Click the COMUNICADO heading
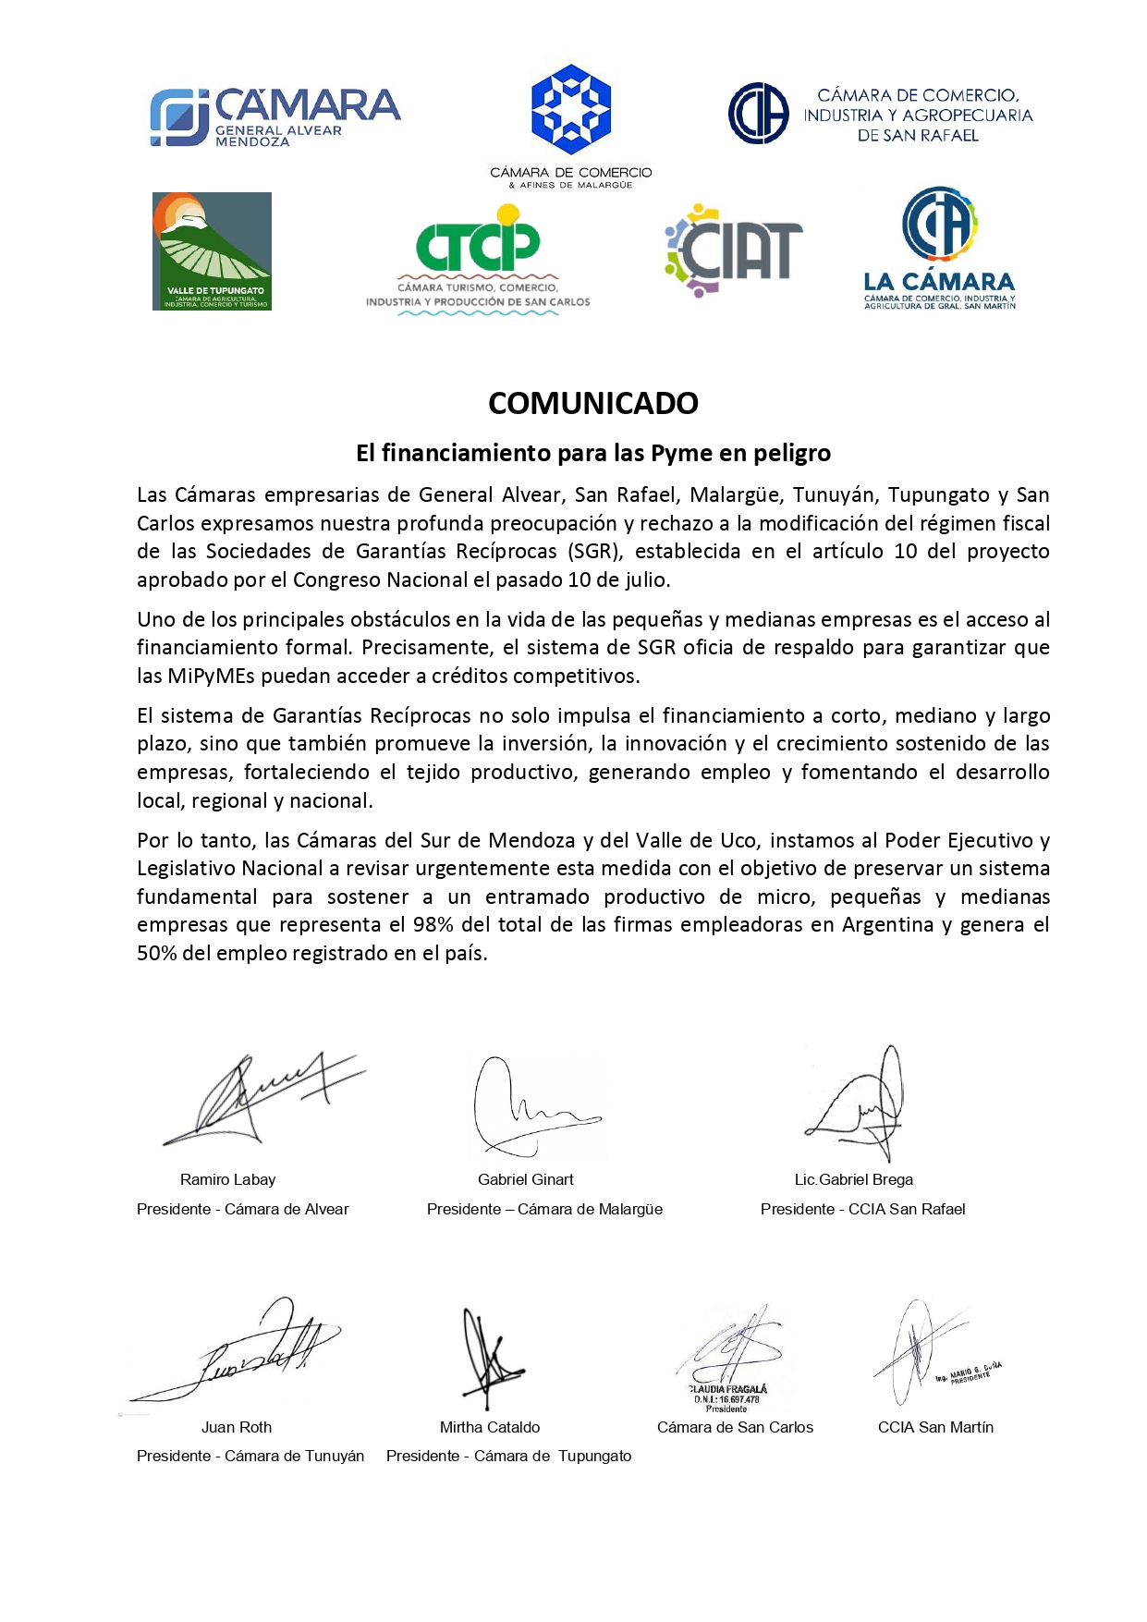[592, 404]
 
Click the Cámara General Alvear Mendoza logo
[275, 117]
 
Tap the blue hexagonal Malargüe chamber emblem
[571, 109]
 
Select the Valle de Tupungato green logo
[212, 251]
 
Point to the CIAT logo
[733, 250]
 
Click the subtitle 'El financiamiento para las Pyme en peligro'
[592, 453]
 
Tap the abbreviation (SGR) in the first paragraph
[593, 552]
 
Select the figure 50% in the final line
[156, 954]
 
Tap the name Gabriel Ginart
[525, 1179]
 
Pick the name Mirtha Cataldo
[490, 1427]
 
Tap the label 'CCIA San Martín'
[935, 1427]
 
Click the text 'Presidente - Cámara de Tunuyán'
[250, 1456]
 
